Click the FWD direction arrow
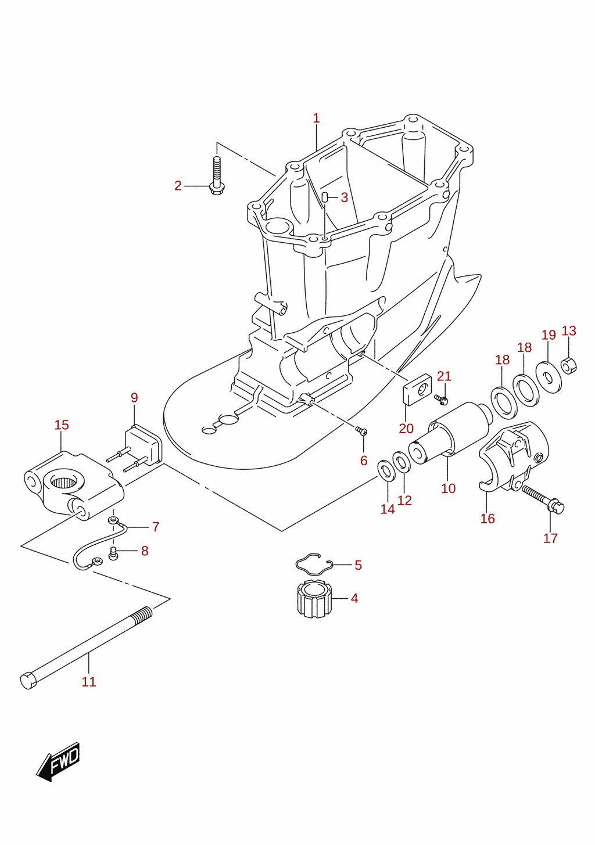tap(58, 761)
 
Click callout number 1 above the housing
tap(316, 118)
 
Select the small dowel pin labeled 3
tap(325, 197)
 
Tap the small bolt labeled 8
tap(113, 553)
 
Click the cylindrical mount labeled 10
tap(450, 433)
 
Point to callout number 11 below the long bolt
tap(89, 682)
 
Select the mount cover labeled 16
tap(514, 457)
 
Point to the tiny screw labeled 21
tap(441, 399)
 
